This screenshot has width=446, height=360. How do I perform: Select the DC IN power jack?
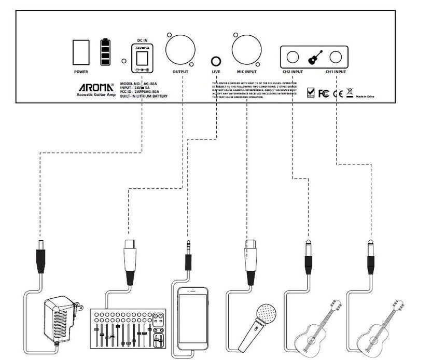(142, 58)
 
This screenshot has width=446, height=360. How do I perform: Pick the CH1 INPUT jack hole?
(337, 58)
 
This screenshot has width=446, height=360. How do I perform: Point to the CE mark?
(337, 93)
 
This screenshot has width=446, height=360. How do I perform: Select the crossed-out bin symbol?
(350, 93)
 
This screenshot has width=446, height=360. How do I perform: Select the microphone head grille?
(268, 313)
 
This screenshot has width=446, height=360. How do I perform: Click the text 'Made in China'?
(365, 96)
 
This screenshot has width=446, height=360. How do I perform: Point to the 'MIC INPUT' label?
(247, 72)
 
